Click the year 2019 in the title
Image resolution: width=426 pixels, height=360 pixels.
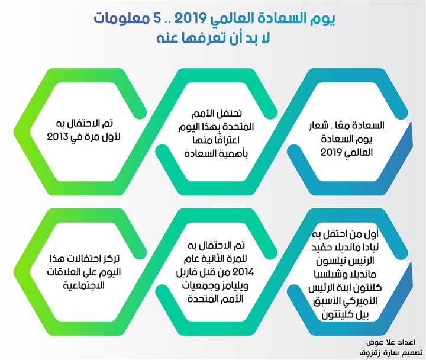point(190,19)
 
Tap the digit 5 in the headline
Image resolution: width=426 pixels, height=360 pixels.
point(159,19)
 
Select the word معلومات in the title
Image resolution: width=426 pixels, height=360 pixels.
point(121,20)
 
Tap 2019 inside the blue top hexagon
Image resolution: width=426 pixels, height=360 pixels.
point(331,152)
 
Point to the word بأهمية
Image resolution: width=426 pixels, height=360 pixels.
point(235,154)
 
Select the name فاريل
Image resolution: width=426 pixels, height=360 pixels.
point(185,272)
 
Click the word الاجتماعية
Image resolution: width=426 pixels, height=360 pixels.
point(83,286)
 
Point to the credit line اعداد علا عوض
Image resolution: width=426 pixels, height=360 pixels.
point(390,342)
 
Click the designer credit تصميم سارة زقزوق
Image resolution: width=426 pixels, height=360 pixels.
point(391,353)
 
